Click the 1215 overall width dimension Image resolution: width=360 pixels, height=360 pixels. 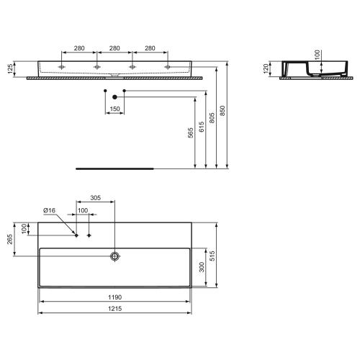[x=114, y=308]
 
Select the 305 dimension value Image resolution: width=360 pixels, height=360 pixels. [x=95, y=198]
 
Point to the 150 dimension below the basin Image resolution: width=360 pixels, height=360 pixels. [x=114, y=109]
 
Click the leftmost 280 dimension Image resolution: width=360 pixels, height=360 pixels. [x=79, y=48]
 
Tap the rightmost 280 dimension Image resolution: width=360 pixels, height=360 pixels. [x=150, y=48]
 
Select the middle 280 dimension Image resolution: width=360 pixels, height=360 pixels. [x=114, y=48]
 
